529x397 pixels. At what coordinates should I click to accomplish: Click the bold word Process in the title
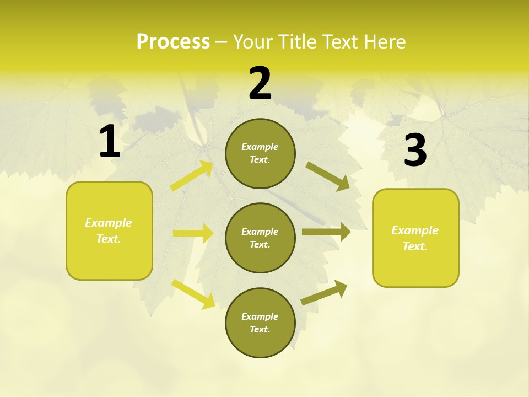(x=173, y=41)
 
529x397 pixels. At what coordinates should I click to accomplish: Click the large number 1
(x=110, y=142)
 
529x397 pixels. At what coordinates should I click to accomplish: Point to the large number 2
(x=260, y=83)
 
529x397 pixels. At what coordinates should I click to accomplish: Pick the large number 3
(x=415, y=151)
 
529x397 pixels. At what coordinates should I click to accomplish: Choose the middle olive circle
(x=260, y=238)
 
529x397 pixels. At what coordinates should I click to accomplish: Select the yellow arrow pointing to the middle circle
(x=193, y=233)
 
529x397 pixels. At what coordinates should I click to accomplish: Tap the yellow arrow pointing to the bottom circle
(x=193, y=293)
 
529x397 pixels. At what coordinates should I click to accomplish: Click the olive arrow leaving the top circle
(x=328, y=176)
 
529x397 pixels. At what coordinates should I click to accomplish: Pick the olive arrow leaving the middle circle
(x=326, y=232)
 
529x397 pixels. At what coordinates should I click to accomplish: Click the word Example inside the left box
(x=109, y=223)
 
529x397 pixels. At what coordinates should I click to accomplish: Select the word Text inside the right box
(x=414, y=246)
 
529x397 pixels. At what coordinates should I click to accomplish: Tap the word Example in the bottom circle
(x=260, y=316)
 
